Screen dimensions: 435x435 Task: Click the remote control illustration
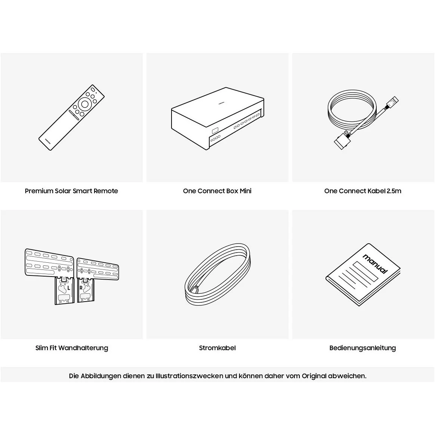(71, 118)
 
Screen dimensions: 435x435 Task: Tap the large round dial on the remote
(84, 104)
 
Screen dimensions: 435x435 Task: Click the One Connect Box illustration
(217, 119)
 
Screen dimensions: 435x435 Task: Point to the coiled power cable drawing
(217, 275)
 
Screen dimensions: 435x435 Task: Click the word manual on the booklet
(375, 264)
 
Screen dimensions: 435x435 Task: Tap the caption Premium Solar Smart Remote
(71, 191)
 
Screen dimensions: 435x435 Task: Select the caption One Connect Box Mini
(217, 191)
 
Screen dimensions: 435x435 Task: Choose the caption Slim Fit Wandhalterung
(72, 348)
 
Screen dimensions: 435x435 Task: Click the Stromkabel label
(217, 348)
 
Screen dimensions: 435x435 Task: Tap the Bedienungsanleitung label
(362, 348)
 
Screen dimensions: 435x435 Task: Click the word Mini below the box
(246, 191)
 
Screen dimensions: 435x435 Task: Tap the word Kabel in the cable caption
(376, 191)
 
